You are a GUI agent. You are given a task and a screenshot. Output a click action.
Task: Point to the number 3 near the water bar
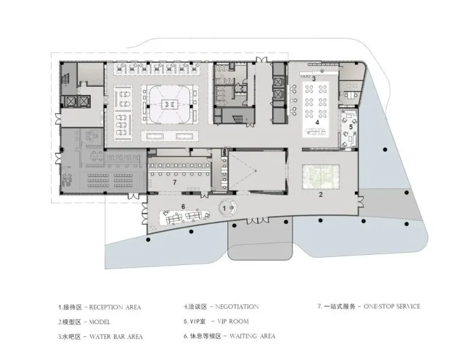(313, 79)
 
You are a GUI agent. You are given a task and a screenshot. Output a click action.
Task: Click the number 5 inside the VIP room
(351, 127)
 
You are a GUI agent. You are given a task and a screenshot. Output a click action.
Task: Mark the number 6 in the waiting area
(183, 205)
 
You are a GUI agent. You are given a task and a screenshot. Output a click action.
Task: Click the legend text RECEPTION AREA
(115, 307)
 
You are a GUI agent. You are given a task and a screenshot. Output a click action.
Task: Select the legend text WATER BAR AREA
(116, 336)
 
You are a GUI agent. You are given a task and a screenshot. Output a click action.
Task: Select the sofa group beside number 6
(184, 217)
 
